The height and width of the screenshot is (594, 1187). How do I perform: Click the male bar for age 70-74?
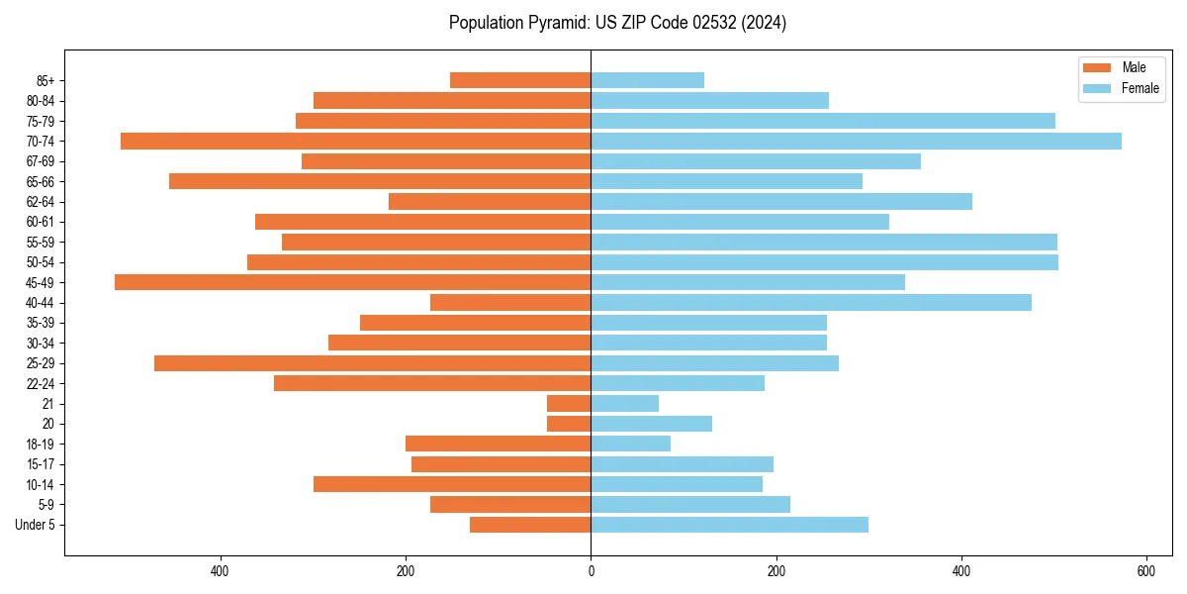point(356,142)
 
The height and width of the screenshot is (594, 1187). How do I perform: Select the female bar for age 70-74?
point(856,142)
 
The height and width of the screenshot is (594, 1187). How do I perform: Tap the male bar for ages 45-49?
point(353,282)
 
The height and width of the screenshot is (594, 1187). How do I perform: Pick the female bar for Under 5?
point(729,525)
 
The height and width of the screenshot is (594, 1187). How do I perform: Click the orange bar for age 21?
point(569,404)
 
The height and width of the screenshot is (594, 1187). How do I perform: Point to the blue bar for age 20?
point(651,424)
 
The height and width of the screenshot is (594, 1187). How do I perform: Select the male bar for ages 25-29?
point(373,363)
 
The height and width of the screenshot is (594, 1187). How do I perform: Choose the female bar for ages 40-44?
point(811,303)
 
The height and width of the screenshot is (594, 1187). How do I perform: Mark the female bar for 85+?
point(647,80)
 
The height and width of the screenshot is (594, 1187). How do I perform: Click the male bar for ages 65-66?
point(380,181)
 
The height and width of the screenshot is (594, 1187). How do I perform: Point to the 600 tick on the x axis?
point(1146,571)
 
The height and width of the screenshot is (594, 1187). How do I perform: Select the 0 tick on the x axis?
point(591,571)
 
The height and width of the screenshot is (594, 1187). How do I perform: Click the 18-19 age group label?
point(41,445)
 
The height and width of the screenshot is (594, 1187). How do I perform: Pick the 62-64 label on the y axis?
point(41,202)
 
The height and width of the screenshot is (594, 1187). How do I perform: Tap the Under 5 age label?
point(35,525)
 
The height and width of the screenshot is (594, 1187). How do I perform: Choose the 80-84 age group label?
point(41,101)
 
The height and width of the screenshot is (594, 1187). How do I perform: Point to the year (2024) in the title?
point(768,23)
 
